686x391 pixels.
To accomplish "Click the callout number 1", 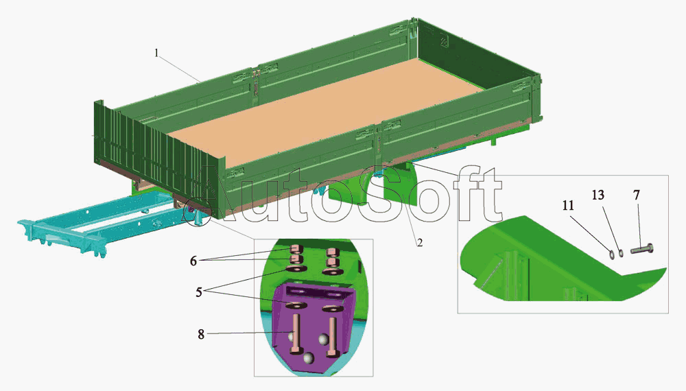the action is (156, 54).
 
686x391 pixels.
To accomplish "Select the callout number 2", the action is (419, 242).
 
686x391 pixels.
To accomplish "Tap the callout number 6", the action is (193, 261).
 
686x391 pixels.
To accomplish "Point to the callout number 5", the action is (199, 292).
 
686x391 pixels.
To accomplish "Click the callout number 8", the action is (201, 335).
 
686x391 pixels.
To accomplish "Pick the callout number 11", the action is (568, 205).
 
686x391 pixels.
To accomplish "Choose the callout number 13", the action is (598, 195).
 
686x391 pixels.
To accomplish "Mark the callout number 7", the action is (637, 195).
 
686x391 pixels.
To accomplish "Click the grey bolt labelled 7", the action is (642, 250).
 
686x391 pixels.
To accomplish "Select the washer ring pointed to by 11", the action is (611, 253).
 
